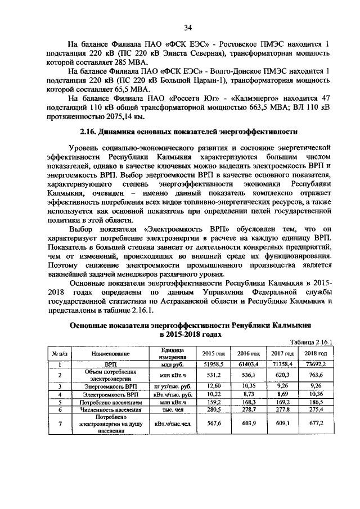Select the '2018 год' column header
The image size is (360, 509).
[x=316, y=353]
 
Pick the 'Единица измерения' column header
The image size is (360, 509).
[x=165, y=353]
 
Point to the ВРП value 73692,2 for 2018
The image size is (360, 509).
[x=316, y=364]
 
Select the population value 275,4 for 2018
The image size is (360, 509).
[x=316, y=411]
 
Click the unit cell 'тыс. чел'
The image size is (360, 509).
[x=165, y=411]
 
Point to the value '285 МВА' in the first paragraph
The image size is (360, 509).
[x=129, y=61]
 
